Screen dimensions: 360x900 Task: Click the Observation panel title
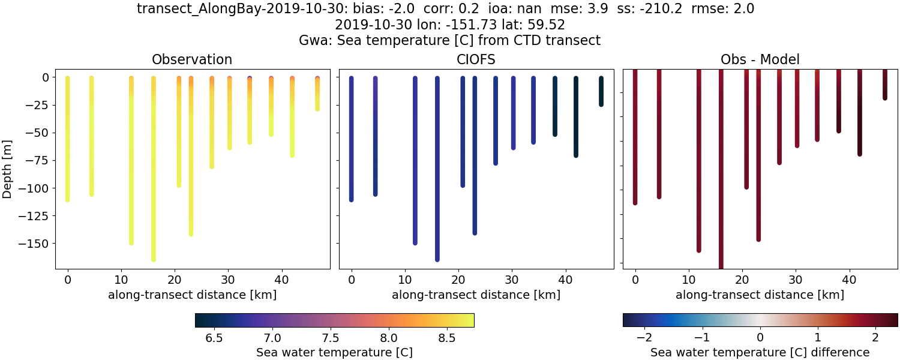click(192, 59)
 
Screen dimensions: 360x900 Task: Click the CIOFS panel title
click(476, 59)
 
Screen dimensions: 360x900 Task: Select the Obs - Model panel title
click(760, 59)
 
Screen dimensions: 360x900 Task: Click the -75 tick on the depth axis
click(38, 160)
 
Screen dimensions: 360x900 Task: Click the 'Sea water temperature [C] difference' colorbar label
click(760, 352)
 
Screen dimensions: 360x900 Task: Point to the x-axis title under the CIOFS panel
click(476, 295)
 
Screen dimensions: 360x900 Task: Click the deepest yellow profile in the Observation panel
click(154, 180)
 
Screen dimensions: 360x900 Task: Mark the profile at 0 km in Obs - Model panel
click(635, 138)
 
